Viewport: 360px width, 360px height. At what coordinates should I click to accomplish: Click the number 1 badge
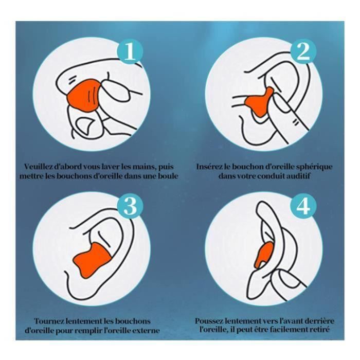coord(130,51)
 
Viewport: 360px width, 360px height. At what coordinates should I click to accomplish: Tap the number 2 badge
coord(303,51)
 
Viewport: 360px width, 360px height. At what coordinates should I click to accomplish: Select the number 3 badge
coord(130,206)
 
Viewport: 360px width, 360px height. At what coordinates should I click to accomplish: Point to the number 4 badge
coord(303,206)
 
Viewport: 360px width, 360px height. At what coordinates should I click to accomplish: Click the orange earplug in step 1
coord(83,95)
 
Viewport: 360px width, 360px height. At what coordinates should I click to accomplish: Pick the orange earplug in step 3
coord(92,260)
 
